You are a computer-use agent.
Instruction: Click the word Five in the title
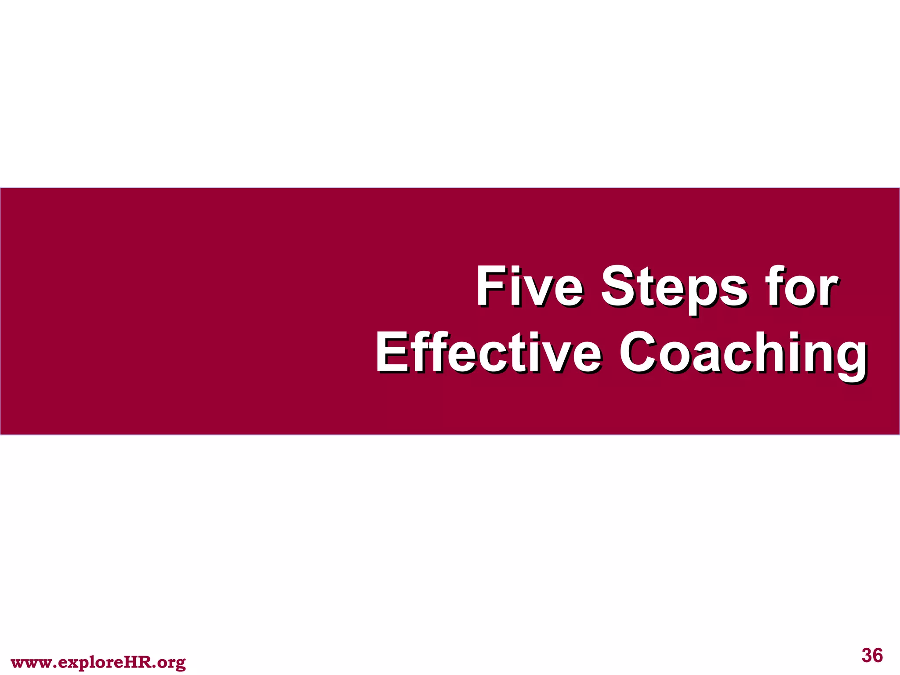click(x=529, y=287)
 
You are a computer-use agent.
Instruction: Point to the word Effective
click(x=488, y=353)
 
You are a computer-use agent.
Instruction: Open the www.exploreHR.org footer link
click(x=98, y=662)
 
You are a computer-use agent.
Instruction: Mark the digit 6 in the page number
click(x=878, y=655)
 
